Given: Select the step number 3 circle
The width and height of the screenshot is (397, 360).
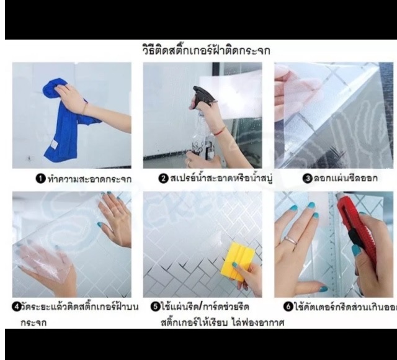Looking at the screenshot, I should point(306,179).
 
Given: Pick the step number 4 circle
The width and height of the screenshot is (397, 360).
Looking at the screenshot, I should point(17,307).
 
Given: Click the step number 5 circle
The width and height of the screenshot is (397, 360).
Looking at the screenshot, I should point(156,307).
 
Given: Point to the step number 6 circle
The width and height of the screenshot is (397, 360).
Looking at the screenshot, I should point(288,307).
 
